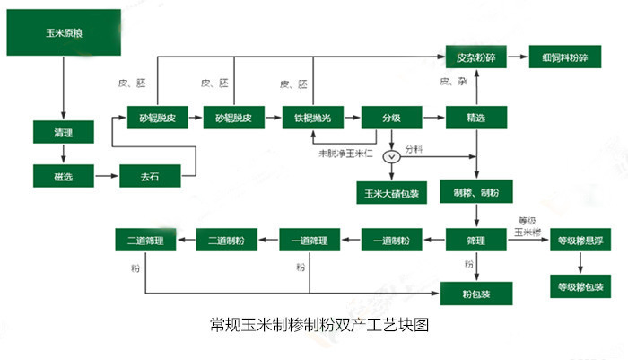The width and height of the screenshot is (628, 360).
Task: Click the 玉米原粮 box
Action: point(64,33)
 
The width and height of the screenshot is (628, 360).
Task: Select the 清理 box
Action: point(63,132)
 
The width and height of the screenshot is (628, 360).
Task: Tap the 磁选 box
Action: point(63,176)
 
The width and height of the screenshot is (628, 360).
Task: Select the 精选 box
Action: point(476,118)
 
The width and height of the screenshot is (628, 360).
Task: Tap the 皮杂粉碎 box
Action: point(476,57)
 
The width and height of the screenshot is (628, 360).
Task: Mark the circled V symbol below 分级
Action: point(391,156)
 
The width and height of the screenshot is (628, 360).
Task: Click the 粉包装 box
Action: point(476,293)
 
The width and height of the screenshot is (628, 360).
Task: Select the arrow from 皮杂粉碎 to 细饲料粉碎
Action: point(518,57)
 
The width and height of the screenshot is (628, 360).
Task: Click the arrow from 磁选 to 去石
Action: point(107,176)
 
